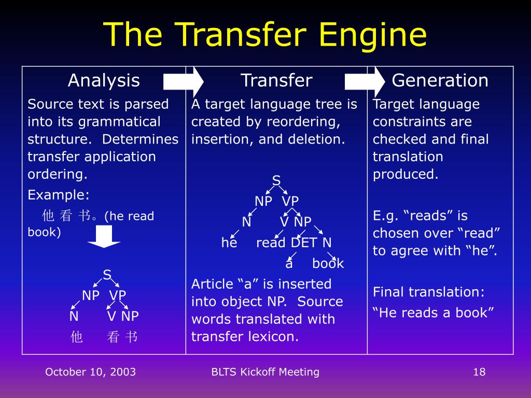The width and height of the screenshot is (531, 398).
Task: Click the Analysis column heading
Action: [104, 81]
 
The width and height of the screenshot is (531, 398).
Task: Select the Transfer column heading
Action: [276, 81]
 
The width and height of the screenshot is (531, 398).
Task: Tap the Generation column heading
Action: [440, 81]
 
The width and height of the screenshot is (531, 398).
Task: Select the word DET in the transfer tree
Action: [304, 243]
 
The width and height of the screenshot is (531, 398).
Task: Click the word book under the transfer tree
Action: [328, 264]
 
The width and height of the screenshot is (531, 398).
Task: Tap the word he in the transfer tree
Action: [229, 243]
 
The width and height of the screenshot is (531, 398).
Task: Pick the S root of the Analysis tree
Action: [107, 275]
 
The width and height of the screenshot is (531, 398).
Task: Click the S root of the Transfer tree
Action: [276, 181]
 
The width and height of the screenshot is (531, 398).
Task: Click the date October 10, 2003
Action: [90, 372]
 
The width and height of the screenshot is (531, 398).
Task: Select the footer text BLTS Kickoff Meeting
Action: [265, 372]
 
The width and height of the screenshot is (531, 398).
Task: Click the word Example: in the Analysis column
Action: [59, 195]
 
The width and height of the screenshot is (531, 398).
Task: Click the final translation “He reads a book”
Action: [434, 312]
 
